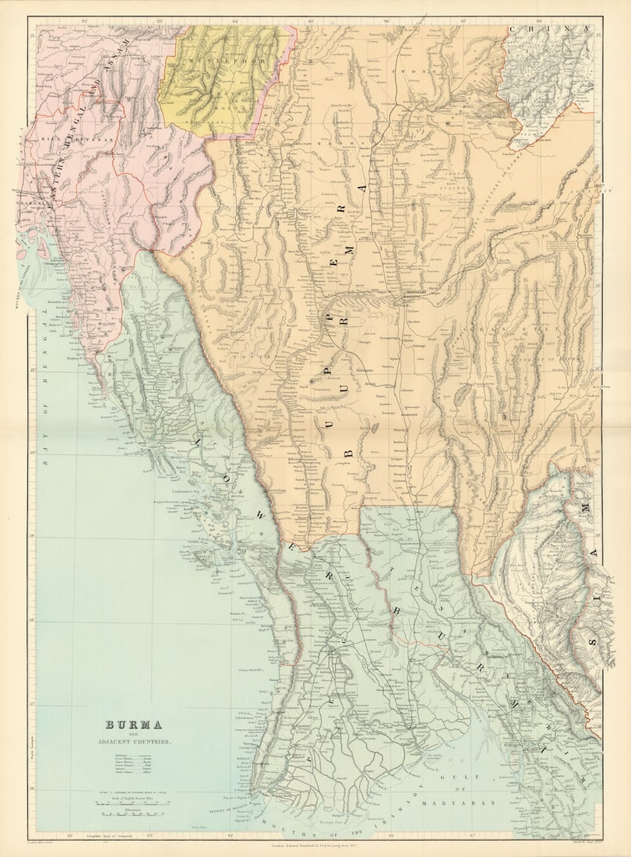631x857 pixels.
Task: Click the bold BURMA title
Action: coord(133,725)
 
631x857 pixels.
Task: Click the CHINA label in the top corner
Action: coord(550,30)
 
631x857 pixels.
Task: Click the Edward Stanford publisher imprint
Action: coord(315,844)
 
